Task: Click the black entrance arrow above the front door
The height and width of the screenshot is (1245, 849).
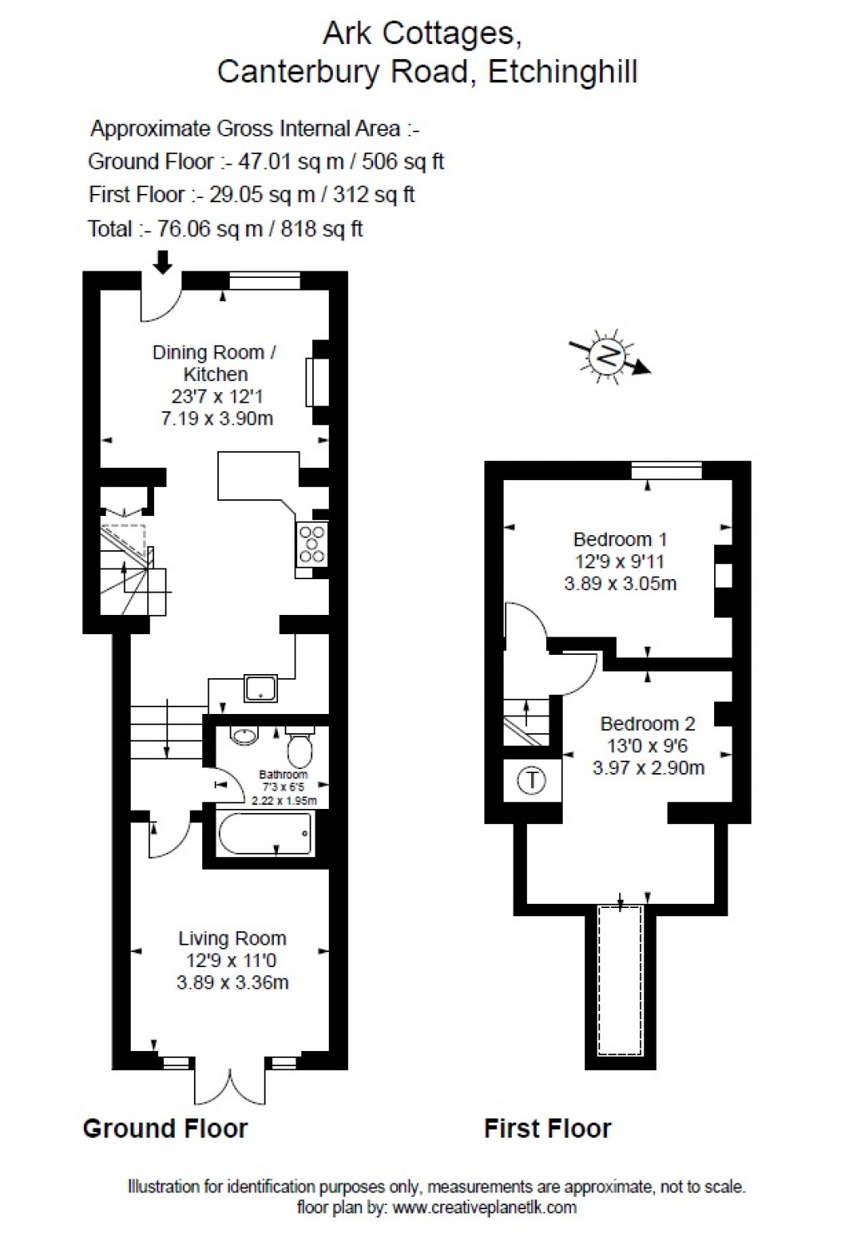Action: click(x=163, y=261)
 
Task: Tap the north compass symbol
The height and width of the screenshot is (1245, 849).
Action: click(x=609, y=356)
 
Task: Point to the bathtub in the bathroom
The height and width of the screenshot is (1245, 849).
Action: click(x=266, y=833)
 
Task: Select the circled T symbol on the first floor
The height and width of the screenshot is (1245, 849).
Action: click(x=532, y=781)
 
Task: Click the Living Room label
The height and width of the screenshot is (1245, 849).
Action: click(x=232, y=938)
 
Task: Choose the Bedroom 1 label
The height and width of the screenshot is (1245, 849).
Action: click(x=620, y=539)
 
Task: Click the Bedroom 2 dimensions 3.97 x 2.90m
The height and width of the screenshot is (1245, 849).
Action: click(x=648, y=767)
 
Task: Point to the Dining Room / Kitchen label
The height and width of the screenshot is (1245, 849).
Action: click(x=215, y=363)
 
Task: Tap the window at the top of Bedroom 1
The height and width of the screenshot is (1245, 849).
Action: click(x=666, y=471)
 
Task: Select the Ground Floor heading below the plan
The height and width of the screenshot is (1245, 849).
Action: click(x=165, y=1128)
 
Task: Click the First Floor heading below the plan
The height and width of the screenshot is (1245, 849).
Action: click(x=548, y=1128)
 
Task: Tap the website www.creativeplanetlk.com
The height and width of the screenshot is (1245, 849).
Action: click(x=484, y=1208)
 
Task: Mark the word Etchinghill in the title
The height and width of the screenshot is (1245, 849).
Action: click(x=563, y=72)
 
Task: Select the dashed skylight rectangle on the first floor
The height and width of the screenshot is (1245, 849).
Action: click(x=620, y=980)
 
